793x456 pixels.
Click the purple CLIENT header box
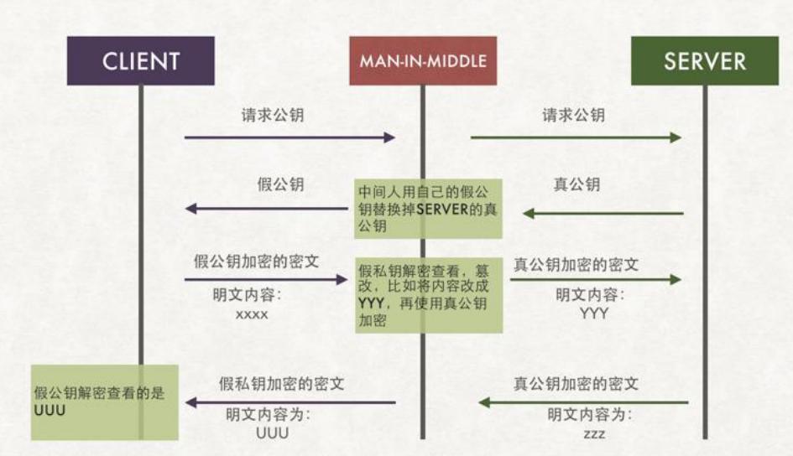click(141, 61)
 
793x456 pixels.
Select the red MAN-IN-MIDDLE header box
click(423, 61)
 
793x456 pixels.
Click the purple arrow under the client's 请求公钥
click(290, 137)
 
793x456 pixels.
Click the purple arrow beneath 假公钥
click(266, 208)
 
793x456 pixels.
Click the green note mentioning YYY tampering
click(428, 294)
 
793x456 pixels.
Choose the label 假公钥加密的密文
click(257, 262)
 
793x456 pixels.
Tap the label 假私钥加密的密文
click(281, 383)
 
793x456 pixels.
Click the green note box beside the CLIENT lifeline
click(105, 402)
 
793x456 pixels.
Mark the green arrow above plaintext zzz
click(583, 403)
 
